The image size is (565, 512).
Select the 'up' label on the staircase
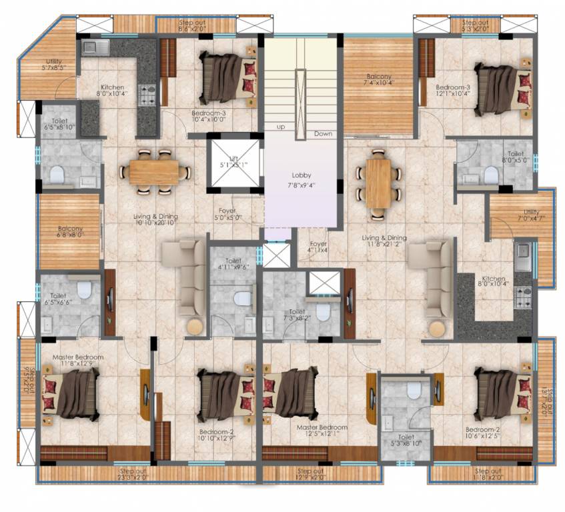pos(282,126)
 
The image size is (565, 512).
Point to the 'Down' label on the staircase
pos(323,134)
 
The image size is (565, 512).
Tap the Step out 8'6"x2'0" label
pos(191,25)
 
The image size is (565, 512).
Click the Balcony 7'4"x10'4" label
pos(378,79)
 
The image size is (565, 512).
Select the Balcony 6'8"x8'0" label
pos(69,230)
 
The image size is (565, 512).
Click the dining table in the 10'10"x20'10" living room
pos(153,171)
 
